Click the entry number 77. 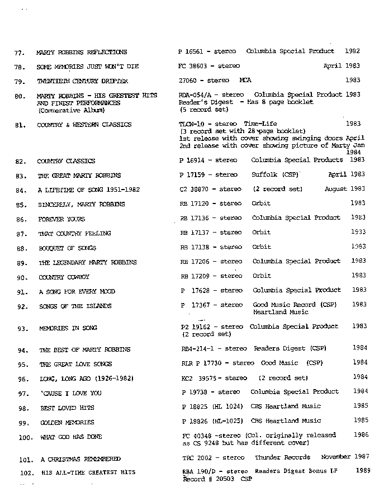pyautogui.click(x=20, y=53)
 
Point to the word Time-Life pyautogui.click(x=260, y=124)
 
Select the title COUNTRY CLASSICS pyautogui.click(x=66, y=162)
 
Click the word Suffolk pyautogui.click(x=265, y=174)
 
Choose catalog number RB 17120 pyautogui.click(x=196, y=204)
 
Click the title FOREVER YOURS pyautogui.click(x=61, y=219)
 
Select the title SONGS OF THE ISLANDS pyautogui.click(x=75, y=306)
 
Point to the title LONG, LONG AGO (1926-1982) pyautogui.click(x=86, y=379)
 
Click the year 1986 pyautogui.click(x=361, y=434)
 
